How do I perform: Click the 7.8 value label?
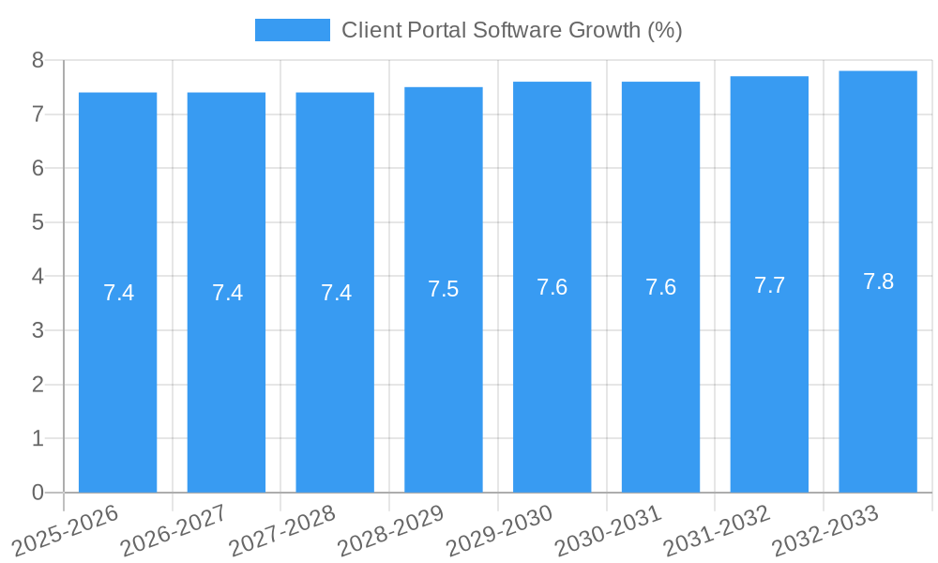coord(878,281)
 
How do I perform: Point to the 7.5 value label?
coord(444,289)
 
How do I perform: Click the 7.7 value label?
coord(769,285)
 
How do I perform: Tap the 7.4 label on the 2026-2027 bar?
coord(227,293)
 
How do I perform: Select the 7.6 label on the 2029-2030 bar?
coord(552,287)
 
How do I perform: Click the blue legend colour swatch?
coord(293,30)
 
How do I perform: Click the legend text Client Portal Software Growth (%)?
coord(511,30)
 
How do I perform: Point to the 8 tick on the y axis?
coord(38,60)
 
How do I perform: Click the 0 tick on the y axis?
coord(38,493)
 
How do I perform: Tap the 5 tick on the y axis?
coord(38,222)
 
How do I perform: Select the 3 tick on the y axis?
coord(38,330)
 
